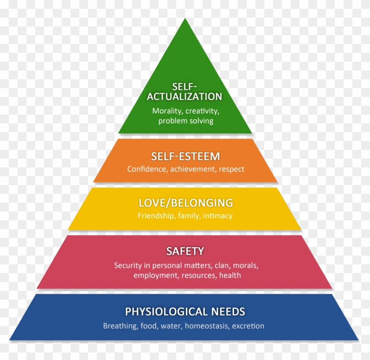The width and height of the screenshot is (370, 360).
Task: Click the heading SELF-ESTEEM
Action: point(185,156)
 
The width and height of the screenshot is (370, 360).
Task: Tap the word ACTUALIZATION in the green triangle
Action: point(185,96)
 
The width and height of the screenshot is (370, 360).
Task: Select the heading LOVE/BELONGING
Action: point(185,203)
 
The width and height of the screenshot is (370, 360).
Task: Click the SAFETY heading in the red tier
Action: point(185,251)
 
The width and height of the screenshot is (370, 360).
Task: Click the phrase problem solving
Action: point(185,121)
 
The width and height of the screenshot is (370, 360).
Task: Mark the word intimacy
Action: point(218,216)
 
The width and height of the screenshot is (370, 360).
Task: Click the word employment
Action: point(154,275)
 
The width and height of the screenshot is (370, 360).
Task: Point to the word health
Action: point(230,275)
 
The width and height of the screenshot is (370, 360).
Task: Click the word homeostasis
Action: point(206,327)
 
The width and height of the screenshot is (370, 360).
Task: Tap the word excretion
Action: point(248,327)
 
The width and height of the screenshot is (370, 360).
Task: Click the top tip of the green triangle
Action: point(185,19)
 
